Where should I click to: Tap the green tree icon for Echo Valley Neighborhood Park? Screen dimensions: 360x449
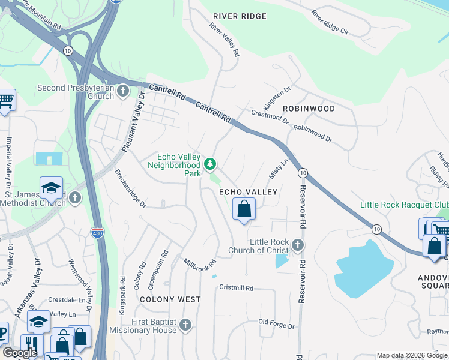tap(210, 163)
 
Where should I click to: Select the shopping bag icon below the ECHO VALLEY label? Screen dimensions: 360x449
tap(244, 209)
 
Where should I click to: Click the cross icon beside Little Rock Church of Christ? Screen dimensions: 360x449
tap(298, 245)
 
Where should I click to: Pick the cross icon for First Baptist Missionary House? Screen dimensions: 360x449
tap(185, 325)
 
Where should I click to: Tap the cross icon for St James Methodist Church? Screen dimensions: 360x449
tap(74, 197)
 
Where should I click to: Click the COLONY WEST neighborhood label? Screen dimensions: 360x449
tap(170, 299)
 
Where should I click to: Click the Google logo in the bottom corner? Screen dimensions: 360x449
tap(20, 353)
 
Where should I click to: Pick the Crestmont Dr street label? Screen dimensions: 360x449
tap(270, 116)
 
